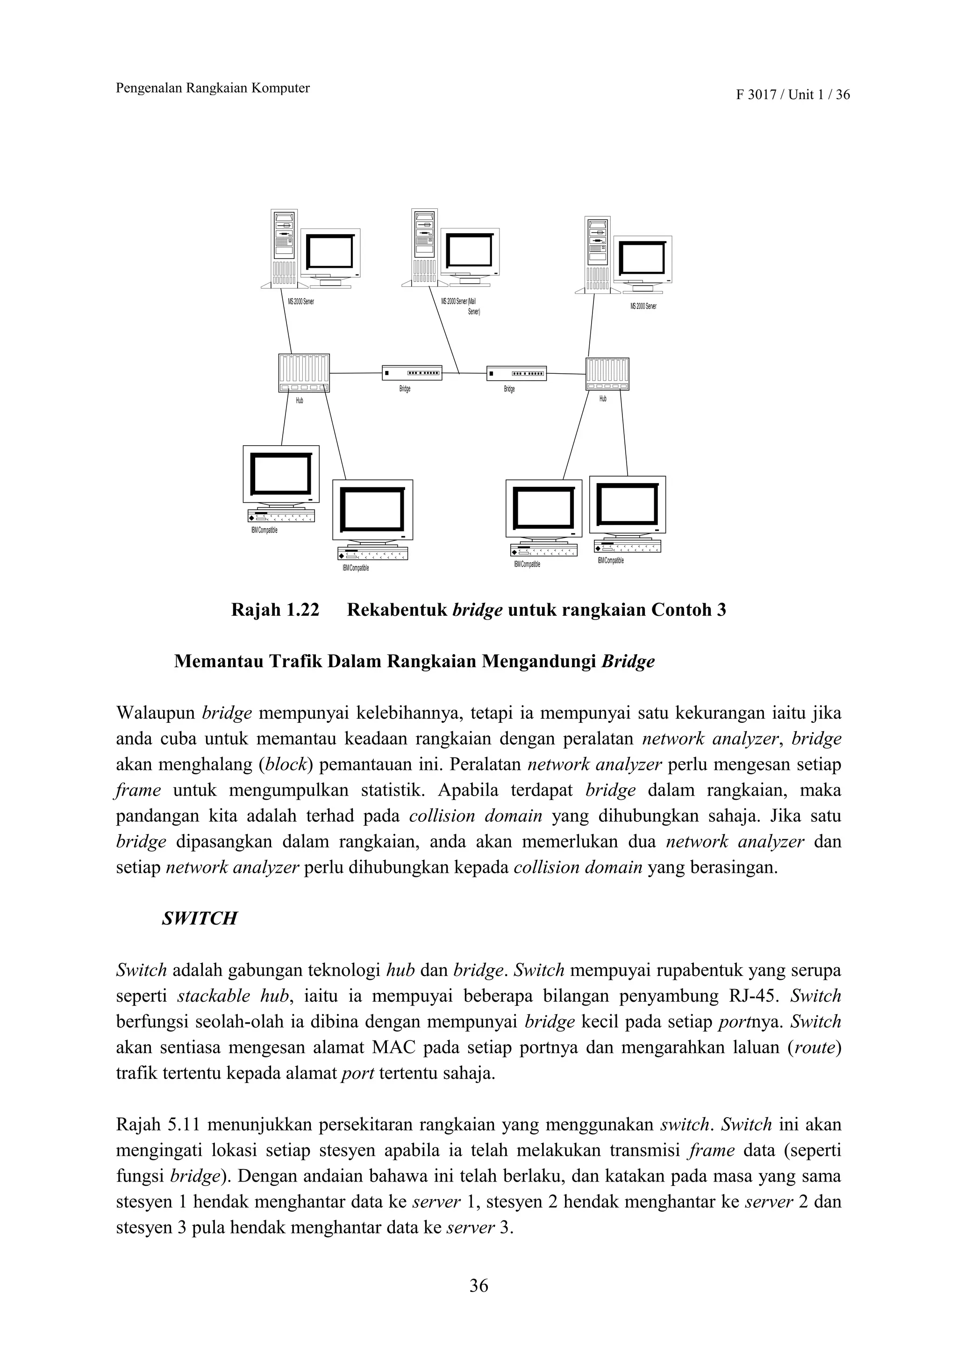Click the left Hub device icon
pos(304,373)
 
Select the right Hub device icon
pos(607,374)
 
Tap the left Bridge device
pos(412,373)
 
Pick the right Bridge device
pos(516,373)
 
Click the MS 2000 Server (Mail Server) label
pos(460,306)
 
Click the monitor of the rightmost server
pos(642,259)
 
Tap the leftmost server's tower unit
pos(284,248)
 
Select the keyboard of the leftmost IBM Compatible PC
pos(281,515)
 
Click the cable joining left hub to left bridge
pos(356,373)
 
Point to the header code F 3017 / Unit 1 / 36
pos(793,95)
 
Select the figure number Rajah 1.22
pos(275,609)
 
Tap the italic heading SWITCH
pos(200,918)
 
